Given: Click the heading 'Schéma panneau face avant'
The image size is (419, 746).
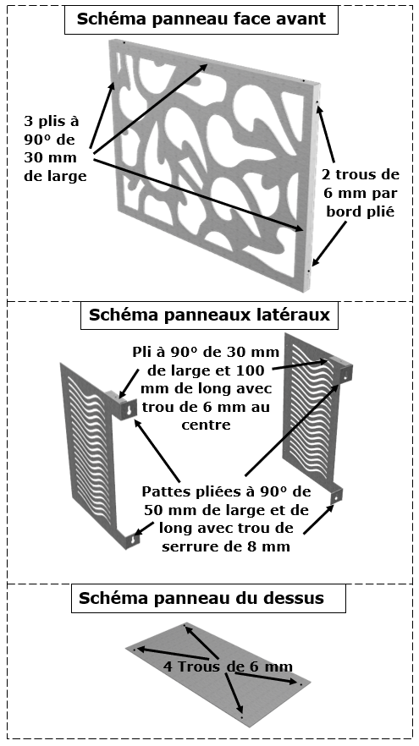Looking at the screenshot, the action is [201, 19].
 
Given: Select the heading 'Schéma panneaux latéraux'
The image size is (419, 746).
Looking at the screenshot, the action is [209, 315].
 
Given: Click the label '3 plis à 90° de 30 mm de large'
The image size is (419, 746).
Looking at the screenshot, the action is [55, 149].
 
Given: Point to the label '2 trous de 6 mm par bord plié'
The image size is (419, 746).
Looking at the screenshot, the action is [361, 193].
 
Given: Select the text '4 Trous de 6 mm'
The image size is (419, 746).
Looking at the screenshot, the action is [228, 666].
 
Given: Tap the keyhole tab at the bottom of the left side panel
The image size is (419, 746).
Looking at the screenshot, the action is [135, 538].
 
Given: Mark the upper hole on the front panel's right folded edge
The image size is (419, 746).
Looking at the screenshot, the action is [317, 102].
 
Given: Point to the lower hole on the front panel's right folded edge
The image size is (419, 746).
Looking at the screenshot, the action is [308, 271].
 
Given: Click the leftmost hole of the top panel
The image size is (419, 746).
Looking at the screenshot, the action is [135, 649].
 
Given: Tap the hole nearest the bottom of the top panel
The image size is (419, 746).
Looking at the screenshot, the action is [242, 716].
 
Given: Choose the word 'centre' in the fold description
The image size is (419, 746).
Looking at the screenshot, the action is [206, 425].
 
